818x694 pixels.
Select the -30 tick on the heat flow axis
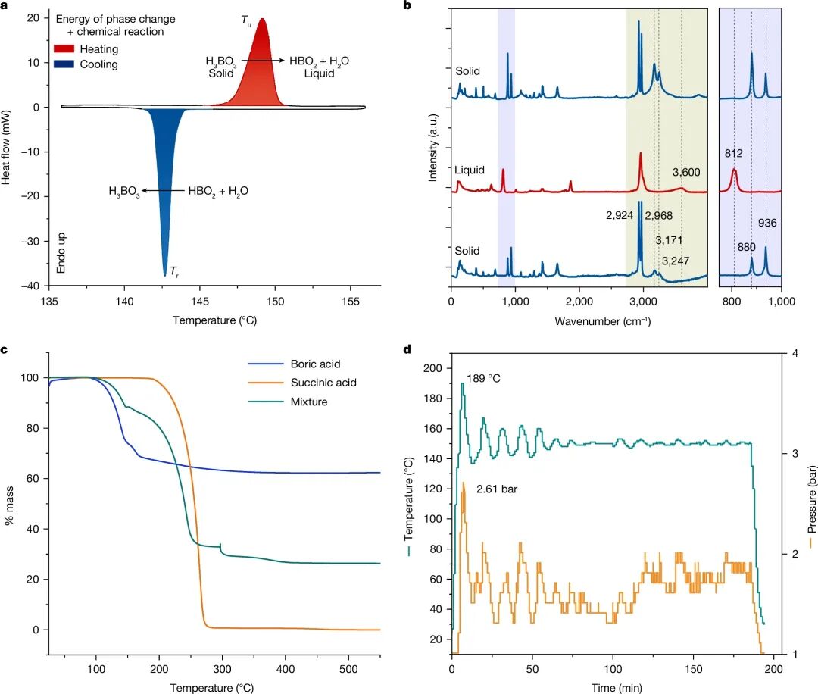[x=33, y=242]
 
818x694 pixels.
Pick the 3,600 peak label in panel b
[x=686, y=173]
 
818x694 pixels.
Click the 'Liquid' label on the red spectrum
[x=470, y=170]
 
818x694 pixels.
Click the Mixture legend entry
[x=310, y=402]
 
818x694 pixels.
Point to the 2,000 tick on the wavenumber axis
[x=579, y=301]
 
